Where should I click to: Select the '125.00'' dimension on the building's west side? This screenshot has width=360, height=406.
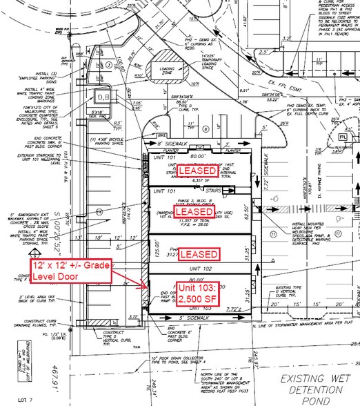click(149, 242)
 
